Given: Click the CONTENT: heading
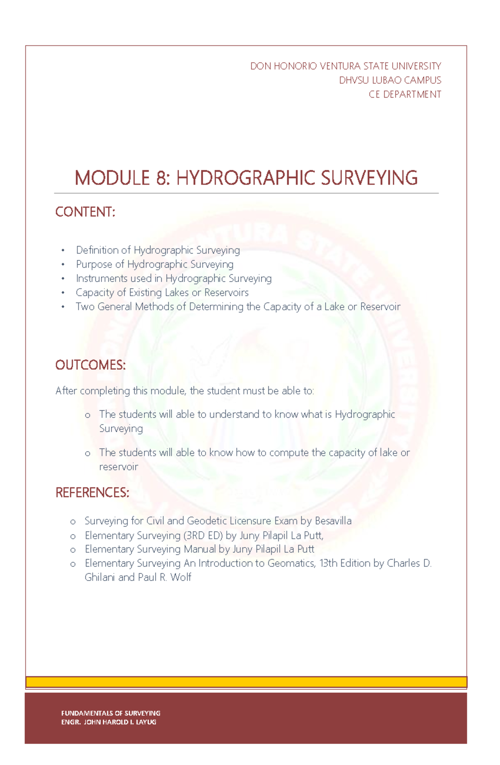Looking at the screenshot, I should [85, 212].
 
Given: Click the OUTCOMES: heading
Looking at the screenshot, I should [90, 365].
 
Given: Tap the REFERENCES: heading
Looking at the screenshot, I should [92, 493].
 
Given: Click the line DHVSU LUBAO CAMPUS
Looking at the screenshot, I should [390, 80].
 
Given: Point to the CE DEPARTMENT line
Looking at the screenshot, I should [405, 95].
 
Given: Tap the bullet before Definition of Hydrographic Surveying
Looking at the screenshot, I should [63, 251].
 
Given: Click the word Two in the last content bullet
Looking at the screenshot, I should [85, 307].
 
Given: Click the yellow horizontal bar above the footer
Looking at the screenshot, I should [246, 682].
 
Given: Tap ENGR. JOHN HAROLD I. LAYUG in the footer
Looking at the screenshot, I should [109, 722].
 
